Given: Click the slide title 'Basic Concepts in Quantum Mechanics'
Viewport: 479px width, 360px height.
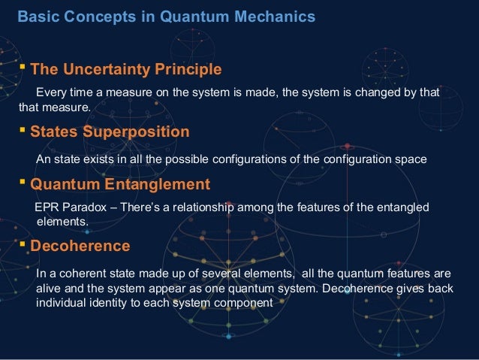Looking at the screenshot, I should click(166, 16).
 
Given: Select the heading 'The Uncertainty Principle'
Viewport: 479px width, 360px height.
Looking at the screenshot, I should click(125, 70).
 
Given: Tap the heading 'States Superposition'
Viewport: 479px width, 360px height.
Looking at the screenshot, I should click(110, 132).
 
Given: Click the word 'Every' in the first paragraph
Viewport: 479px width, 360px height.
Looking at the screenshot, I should click(51, 92).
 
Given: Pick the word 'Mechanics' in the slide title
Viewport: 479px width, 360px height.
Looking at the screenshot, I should click(279, 16).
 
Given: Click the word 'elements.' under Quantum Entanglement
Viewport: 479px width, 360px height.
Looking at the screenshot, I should click(62, 222).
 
